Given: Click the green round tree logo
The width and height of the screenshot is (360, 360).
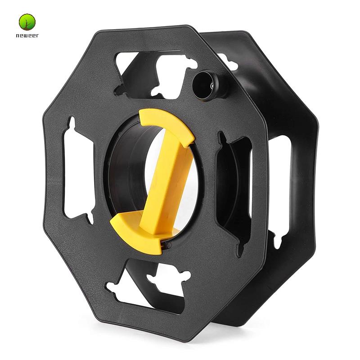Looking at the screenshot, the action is tap(27, 22).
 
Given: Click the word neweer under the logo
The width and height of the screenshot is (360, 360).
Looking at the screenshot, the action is tap(27, 36).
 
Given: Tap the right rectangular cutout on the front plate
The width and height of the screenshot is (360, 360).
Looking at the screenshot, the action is tap(233, 186).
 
